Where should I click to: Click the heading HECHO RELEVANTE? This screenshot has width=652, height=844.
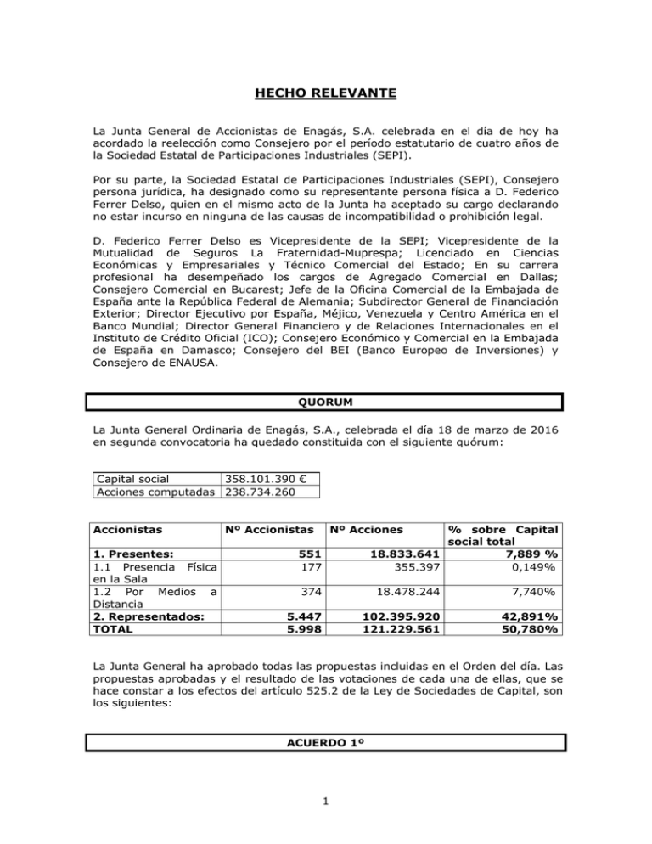[x=326, y=86]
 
